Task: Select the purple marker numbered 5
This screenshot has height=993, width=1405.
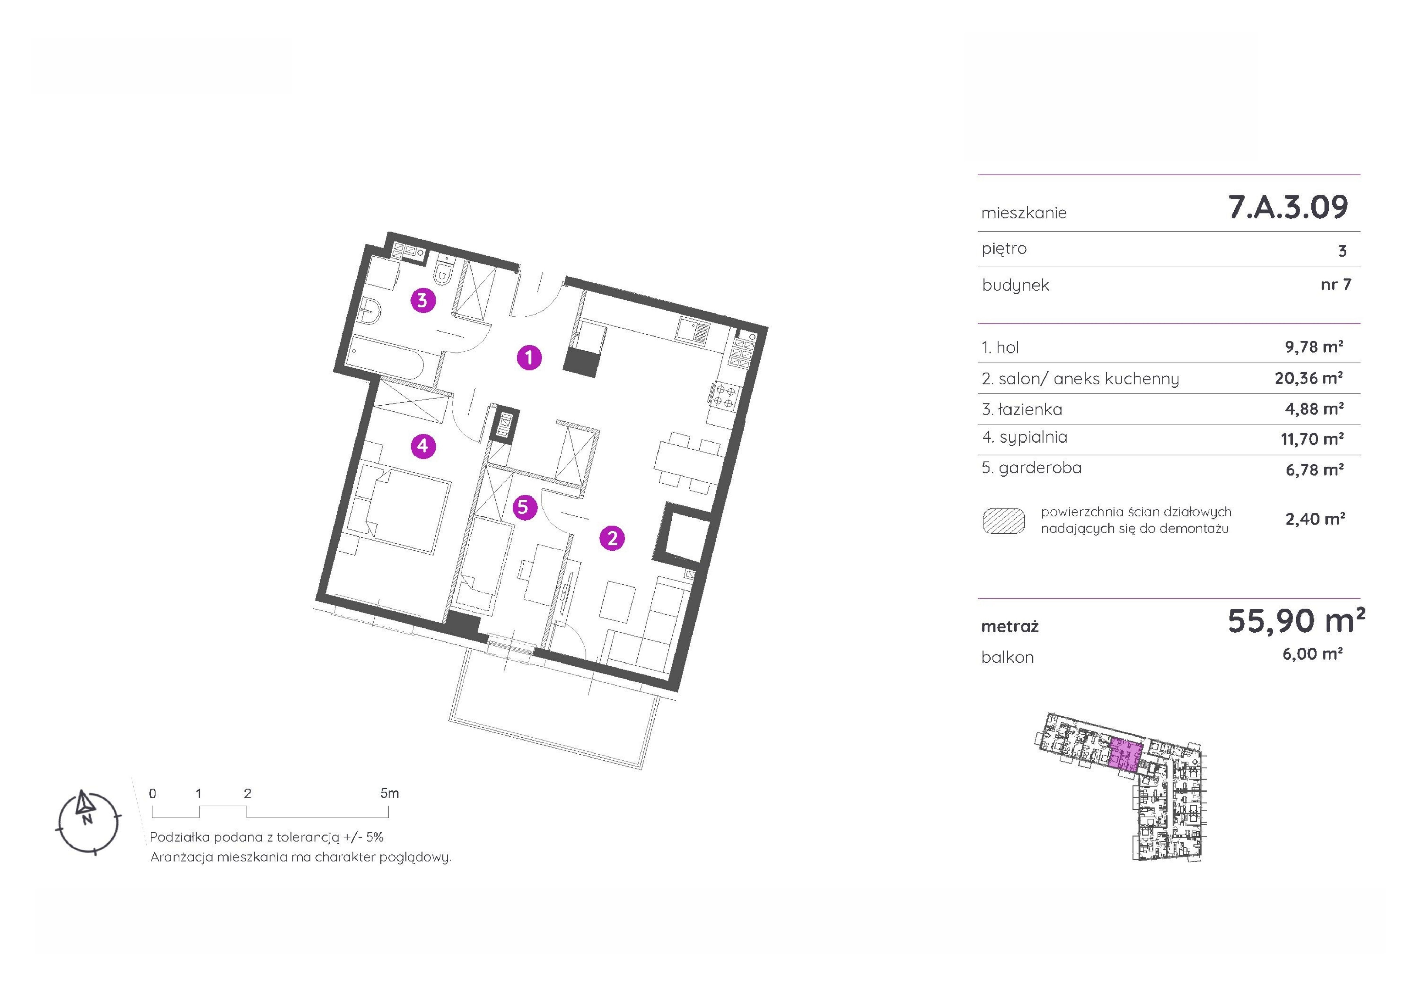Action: (x=524, y=507)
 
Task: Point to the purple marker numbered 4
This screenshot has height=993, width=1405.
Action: (x=423, y=446)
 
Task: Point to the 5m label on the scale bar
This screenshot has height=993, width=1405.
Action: (x=389, y=793)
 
